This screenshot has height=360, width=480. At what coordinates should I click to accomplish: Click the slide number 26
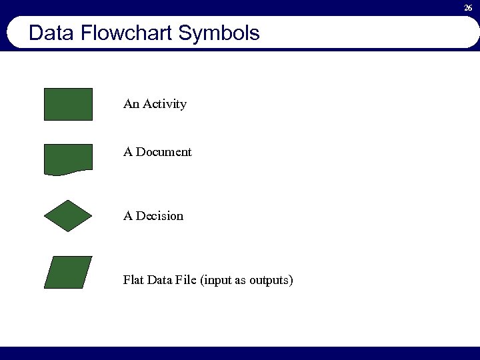click(468, 8)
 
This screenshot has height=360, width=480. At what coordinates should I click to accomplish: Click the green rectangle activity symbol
click(68, 104)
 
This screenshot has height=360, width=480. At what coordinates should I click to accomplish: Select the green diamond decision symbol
click(68, 215)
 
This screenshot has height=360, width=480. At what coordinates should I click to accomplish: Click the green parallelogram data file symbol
click(68, 272)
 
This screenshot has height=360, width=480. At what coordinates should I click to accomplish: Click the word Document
click(164, 152)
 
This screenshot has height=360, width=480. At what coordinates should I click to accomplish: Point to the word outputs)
click(271, 281)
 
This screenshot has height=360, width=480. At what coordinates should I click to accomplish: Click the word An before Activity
click(131, 104)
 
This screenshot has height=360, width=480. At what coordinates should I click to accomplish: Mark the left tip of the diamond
click(45, 215)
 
